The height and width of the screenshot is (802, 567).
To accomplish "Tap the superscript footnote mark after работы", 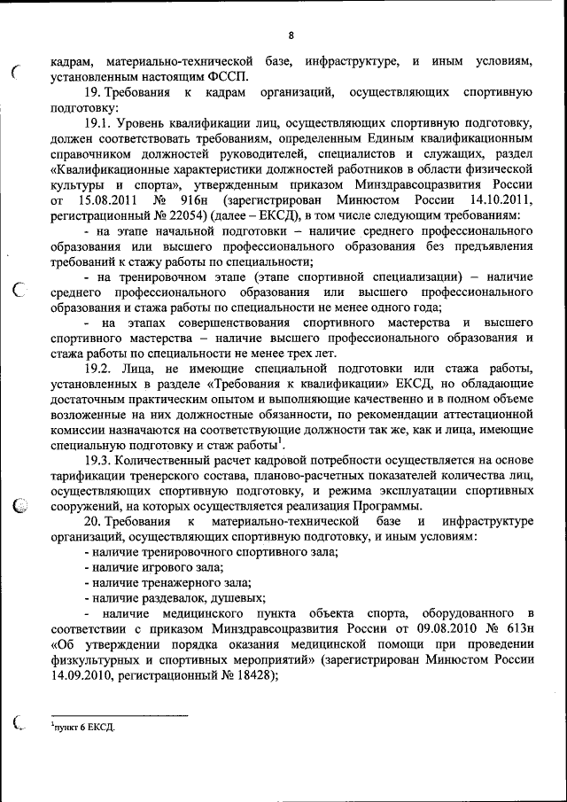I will coord(279,440).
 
